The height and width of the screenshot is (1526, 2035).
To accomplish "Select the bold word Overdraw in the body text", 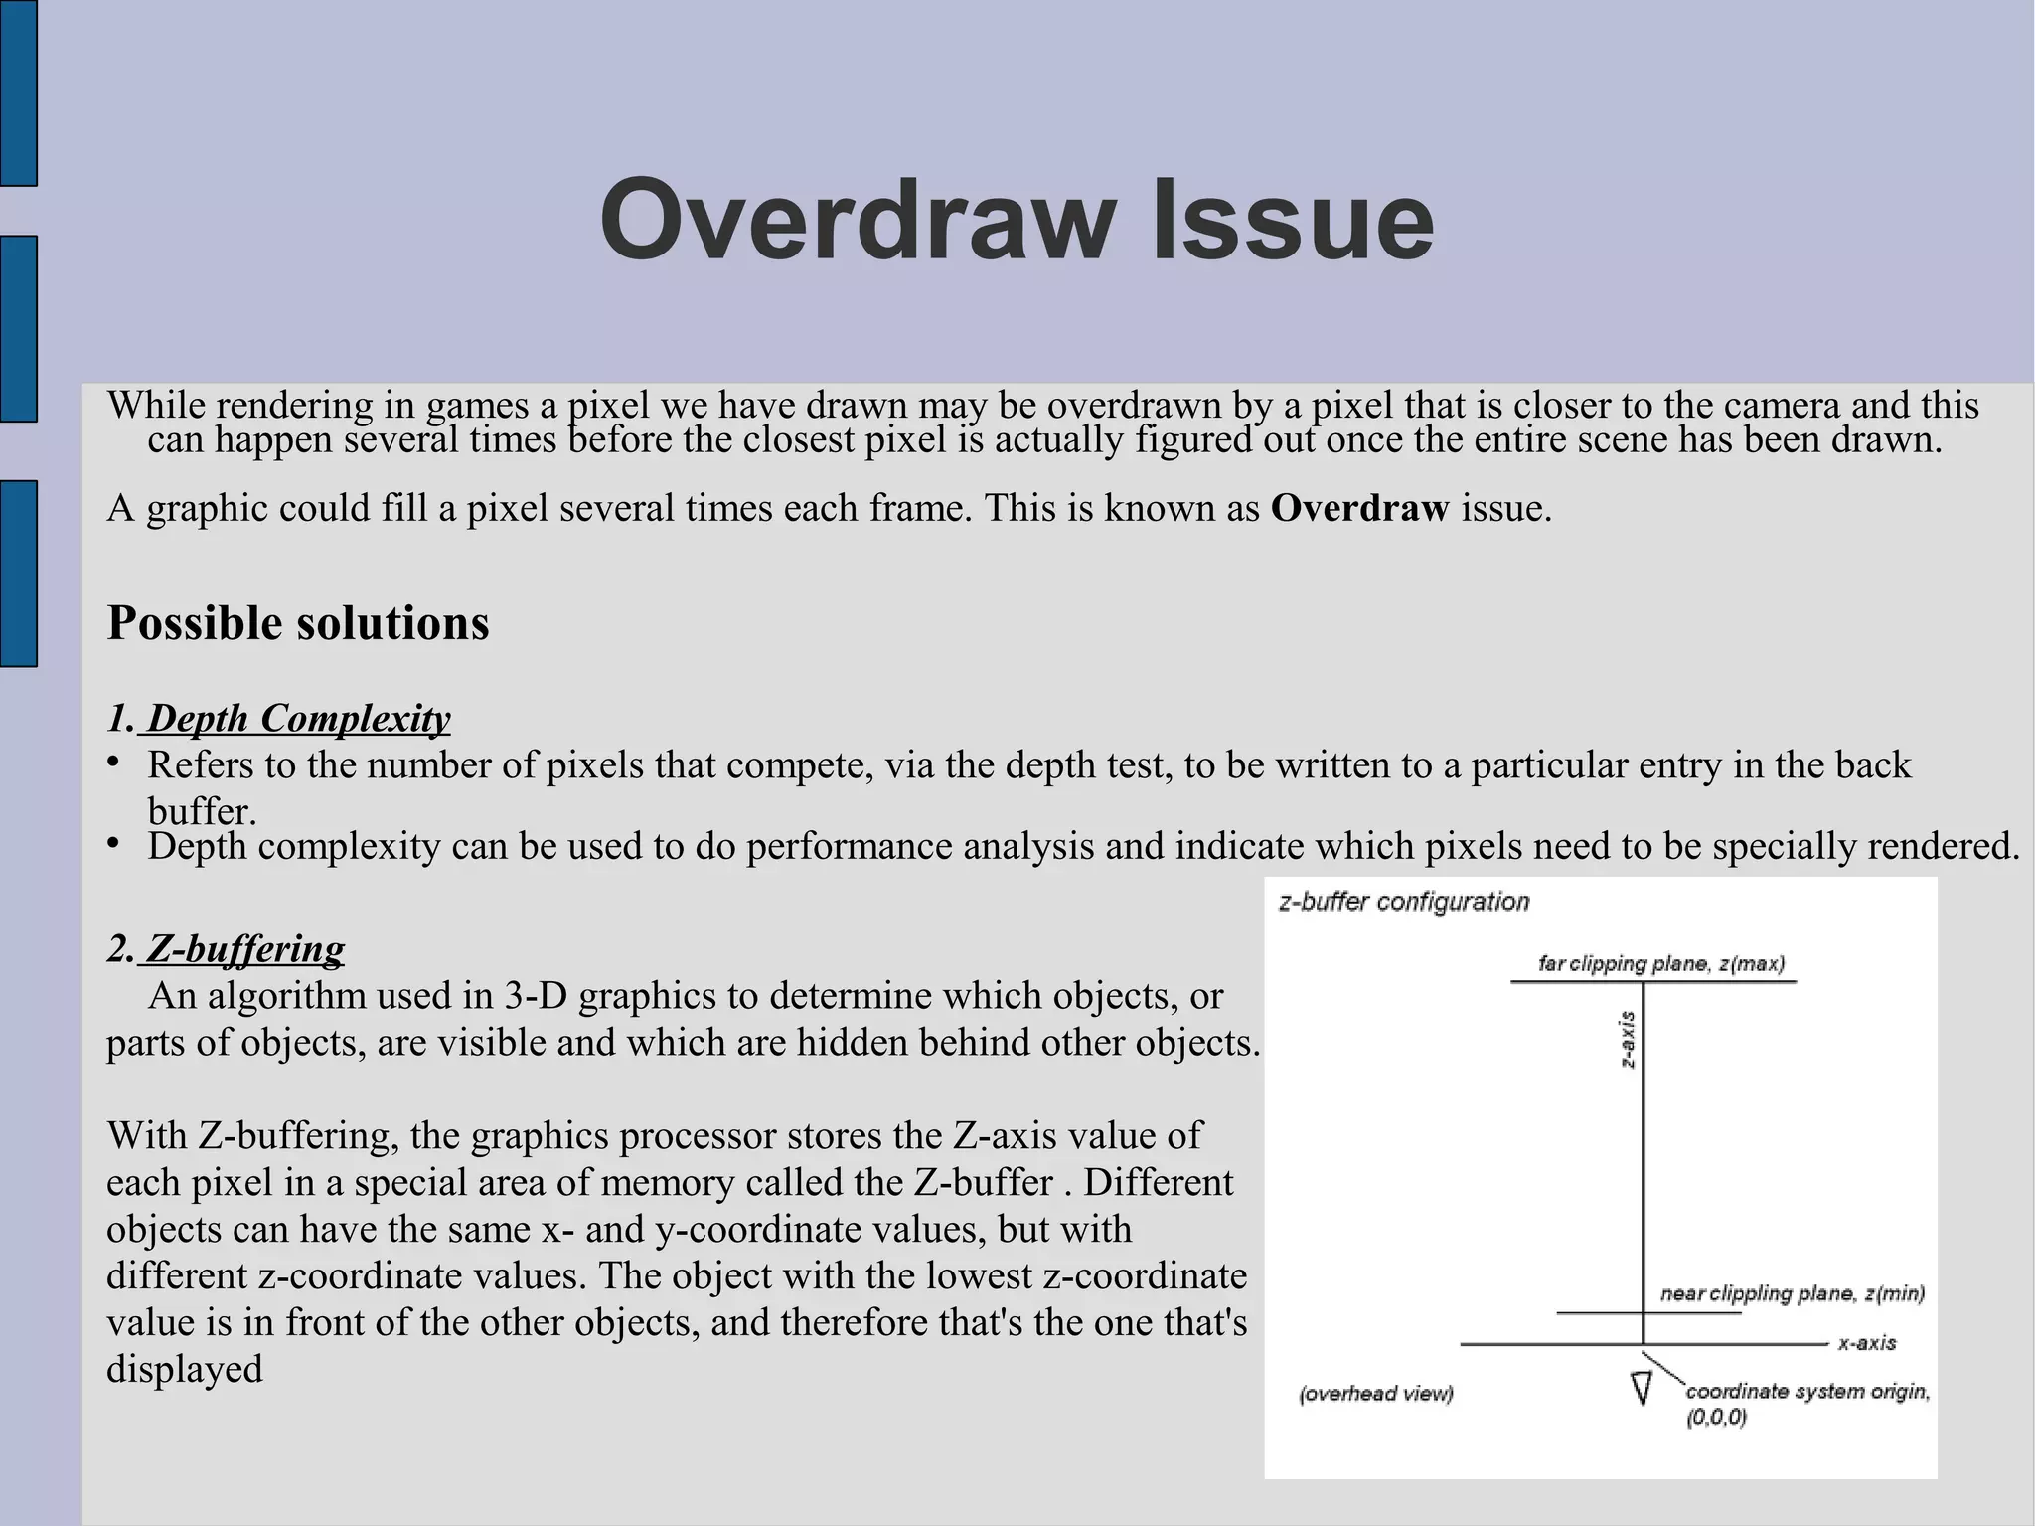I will (1359, 509).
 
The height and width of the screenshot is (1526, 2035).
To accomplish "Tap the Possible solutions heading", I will (298, 624).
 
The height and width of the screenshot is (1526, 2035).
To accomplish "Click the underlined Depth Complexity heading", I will (298, 719).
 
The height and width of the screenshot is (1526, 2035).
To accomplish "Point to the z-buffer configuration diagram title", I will (1403, 903).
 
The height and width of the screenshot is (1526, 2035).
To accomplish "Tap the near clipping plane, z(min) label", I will (1792, 1294).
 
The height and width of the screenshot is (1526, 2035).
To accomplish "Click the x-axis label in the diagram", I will (1866, 1344).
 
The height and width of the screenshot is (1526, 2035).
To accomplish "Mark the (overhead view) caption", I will (1376, 1394).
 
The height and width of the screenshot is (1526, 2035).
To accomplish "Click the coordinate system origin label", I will (1806, 1393).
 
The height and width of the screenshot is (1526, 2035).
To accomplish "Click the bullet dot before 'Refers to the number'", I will (114, 763).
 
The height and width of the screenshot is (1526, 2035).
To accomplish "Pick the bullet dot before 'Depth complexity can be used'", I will (114, 844).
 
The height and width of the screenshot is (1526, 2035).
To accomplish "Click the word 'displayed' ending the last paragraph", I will (185, 1370).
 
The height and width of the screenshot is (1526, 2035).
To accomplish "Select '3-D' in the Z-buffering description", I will (536, 996).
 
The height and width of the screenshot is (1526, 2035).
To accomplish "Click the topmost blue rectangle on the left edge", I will (18, 91).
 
